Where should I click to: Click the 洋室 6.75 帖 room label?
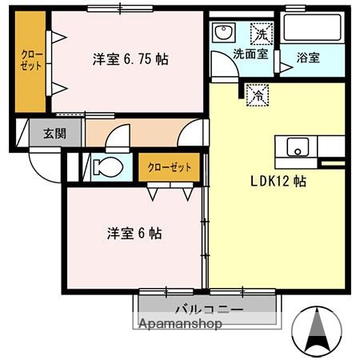130,59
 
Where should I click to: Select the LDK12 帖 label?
276,181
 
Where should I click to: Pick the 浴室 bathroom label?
308,58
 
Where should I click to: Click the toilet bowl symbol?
106,168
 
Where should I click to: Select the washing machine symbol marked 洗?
261,34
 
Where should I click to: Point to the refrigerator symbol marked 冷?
258,94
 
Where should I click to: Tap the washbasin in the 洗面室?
223,33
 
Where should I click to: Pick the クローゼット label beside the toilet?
170,167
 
